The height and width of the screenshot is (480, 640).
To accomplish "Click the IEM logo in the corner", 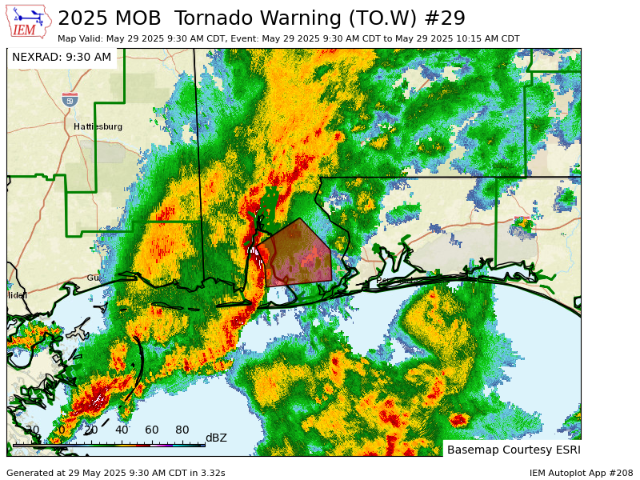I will [x=29, y=22].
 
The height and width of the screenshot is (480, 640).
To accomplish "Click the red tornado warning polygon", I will [x=297, y=254].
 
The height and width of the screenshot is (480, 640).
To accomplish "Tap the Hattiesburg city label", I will [x=98, y=126].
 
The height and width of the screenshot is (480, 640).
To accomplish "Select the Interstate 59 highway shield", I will [x=70, y=100].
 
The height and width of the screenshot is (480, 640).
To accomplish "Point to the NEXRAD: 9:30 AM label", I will [x=62, y=58].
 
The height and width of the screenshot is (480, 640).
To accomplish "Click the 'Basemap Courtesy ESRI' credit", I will [x=512, y=450].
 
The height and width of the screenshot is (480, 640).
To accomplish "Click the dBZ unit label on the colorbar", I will [x=216, y=438].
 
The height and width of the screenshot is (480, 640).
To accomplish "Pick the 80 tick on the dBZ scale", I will [x=182, y=430].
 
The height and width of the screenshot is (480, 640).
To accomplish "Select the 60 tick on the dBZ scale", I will [x=151, y=430].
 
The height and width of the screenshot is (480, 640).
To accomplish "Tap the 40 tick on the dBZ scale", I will [x=121, y=430].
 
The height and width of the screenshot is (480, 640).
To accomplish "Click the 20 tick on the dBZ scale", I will [x=90, y=430].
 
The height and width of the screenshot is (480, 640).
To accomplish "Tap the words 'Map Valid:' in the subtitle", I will [x=81, y=38].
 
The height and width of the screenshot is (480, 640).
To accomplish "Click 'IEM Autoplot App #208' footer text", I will [x=581, y=473].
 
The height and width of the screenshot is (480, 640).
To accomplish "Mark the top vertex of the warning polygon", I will [x=300, y=218].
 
